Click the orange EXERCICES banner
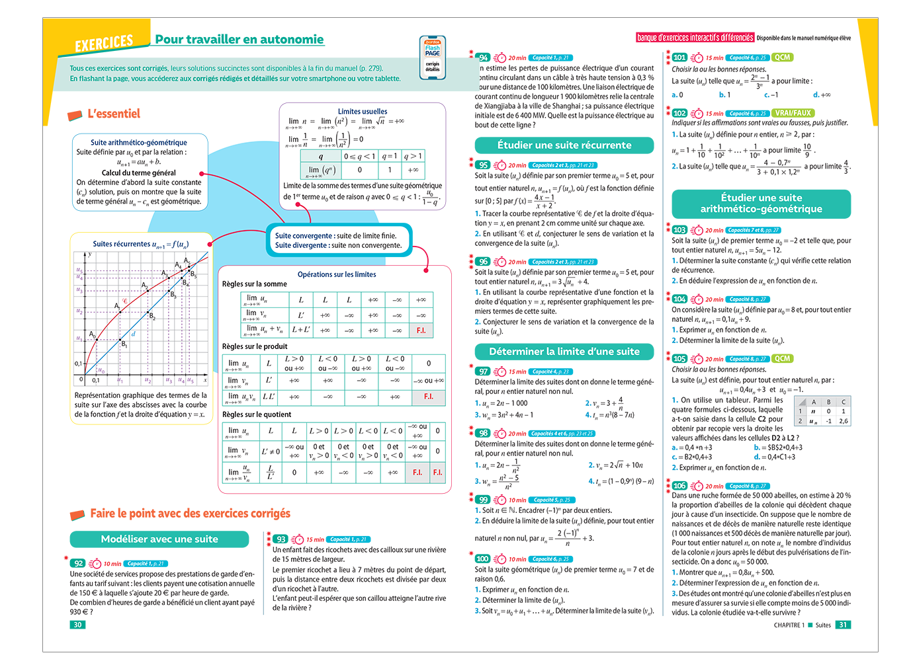tap(104, 44)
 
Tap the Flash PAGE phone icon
tap(432, 58)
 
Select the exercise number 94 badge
tap(484, 58)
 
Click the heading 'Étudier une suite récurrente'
tap(564, 145)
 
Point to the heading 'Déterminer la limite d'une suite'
tap(564, 352)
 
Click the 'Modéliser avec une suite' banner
tap(159, 539)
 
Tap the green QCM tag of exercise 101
tap(783, 58)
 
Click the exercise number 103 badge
tap(679, 230)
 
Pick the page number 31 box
tap(843, 625)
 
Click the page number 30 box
tap(78, 625)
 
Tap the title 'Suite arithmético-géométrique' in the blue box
tap(139, 142)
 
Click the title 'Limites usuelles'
tap(363, 112)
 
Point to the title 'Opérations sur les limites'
tap(337, 274)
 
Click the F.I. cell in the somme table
tap(421, 330)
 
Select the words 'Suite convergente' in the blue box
tap(304, 236)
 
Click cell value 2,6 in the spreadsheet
tap(844, 421)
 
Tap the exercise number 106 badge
tap(679, 486)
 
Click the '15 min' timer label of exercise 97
tap(517, 371)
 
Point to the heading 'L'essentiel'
tap(114, 114)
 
